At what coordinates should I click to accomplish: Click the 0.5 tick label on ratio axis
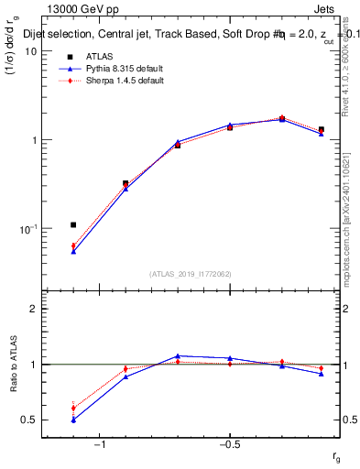tap(27, 420)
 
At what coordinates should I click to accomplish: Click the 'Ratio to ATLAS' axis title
tap(12, 365)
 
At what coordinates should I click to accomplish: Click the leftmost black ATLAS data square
tap(73, 224)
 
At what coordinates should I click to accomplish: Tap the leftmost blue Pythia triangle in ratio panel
tap(73, 420)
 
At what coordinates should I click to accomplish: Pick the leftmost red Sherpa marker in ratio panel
tap(73, 408)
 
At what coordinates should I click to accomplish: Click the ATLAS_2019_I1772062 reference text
tap(190, 273)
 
